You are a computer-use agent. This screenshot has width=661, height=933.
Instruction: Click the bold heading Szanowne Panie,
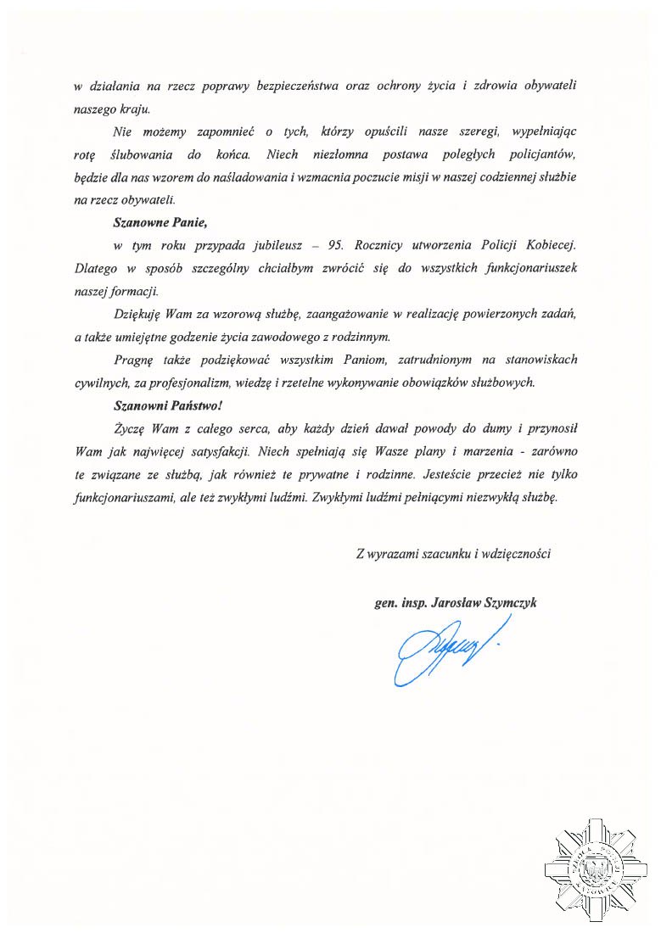tap(160, 224)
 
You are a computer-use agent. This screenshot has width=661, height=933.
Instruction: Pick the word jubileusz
tap(271, 246)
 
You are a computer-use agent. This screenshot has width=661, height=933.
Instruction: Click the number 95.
tap(335, 246)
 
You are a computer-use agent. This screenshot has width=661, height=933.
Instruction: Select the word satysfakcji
tap(212, 450)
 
